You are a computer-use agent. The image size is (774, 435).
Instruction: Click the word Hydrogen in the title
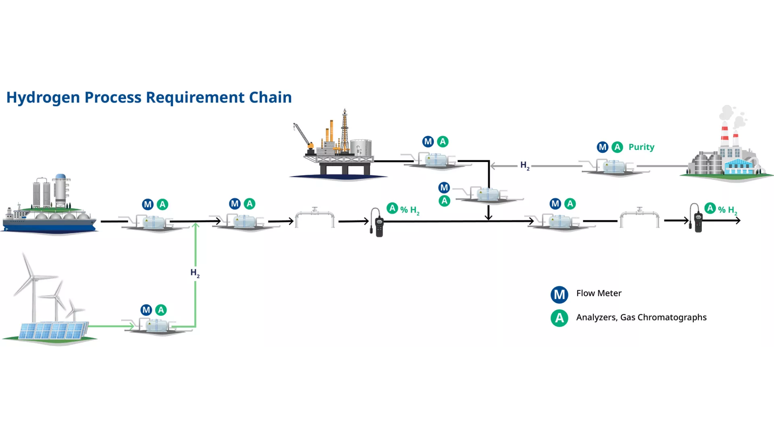pyautogui.click(x=43, y=98)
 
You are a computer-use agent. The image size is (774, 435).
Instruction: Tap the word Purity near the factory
pyautogui.click(x=641, y=147)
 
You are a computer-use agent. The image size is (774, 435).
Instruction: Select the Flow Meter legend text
pyautogui.click(x=599, y=293)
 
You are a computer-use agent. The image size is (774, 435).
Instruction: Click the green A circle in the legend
pyautogui.click(x=560, y=318)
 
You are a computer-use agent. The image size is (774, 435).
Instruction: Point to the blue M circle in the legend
pyautogui.click(x=560, y=295)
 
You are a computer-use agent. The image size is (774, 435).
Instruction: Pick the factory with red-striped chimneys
pyautogui.click(x=726, y=145)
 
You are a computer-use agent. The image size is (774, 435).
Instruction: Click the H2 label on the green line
pyautogui.click(x=195, y=273)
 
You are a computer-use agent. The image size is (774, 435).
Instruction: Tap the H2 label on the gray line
pyautogui.click(x=525, y=166)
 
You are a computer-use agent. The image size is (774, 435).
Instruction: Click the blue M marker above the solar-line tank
pyautogui.click(x=146, y=310)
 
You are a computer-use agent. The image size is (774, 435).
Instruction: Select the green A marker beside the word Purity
pyautogui.click(x=617, y=147)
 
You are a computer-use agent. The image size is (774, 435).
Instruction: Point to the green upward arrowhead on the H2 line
pyautogui.click(x=196, y=226)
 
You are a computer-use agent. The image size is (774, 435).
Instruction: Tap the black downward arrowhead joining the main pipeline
pyautogui.click(x=489, y=217)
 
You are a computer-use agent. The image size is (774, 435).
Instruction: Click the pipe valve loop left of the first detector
pyautogui.click(x=315, y=217)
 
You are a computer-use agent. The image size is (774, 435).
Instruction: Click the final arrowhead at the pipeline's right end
pyautogui.click(x=738, y=220)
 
